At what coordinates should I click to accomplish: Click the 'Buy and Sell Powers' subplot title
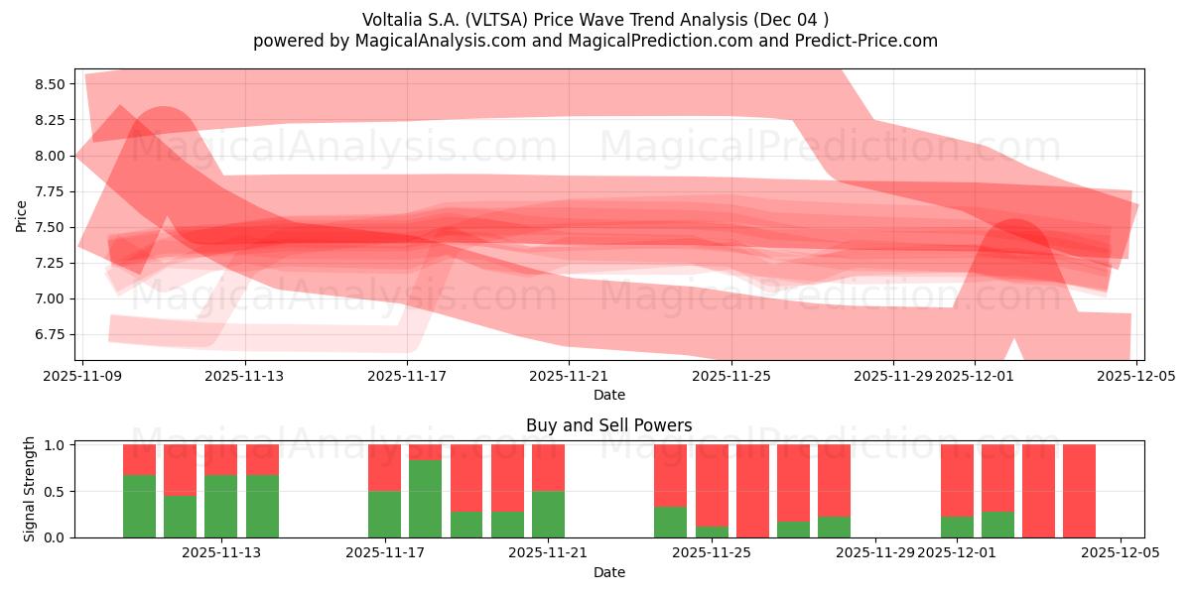point(608,425)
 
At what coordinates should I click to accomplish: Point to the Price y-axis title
point(21,215)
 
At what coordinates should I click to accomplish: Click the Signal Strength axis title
point(30,489)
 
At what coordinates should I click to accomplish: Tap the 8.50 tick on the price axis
point(49,84)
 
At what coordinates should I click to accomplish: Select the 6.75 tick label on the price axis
point(49,334)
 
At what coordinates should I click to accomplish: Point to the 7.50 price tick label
point(49,227)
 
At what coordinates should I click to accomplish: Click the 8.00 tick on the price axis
point(49,156)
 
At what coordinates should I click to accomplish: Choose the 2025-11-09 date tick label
point(83,376)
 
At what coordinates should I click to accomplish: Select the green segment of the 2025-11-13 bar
point(221,506)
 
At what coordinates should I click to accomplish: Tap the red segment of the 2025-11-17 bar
point(384,467)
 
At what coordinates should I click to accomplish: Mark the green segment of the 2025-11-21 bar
point(548,514)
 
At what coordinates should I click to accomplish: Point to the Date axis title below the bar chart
point(608,572)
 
